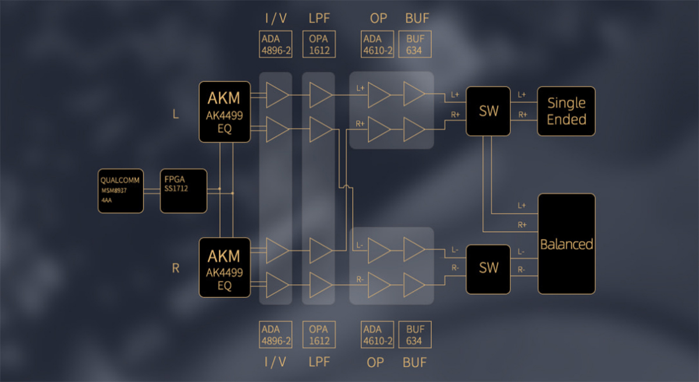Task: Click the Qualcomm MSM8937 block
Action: point(121,191)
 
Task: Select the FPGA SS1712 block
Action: point(183,191)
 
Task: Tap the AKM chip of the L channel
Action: point(225,112)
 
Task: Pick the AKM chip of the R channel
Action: point(225,267)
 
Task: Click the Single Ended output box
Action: point(566,111)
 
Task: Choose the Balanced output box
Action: point(567,244)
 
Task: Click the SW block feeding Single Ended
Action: point(489,111)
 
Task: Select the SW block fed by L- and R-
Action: point(489,268)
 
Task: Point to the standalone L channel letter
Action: point(176,114)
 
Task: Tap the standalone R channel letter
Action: point(175,268)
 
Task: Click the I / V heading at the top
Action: point(276,18)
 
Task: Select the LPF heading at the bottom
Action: point(319,362)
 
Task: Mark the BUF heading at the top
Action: point(417,18)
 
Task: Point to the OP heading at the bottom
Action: point(376,362)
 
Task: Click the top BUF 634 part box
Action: point(415,44)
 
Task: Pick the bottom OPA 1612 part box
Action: point(319,335)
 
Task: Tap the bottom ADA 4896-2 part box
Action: point(276,335)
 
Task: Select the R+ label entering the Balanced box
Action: point(522,224)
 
